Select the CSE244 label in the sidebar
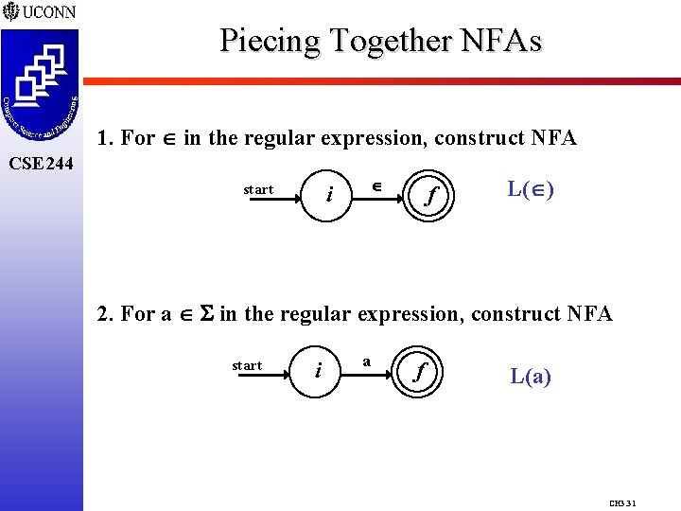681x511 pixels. tap(40, 164)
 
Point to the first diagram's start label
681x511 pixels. tap(258, 190)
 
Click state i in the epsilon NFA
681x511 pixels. tap(328, 195)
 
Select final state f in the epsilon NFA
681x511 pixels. tap(431, 196)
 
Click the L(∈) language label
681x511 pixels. tap(531, 189)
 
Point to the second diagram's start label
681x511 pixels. tap(247, 365)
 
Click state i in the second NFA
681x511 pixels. tap(317, 370)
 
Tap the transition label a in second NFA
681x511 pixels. tap(366, 361)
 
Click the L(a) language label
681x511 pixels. tap(531, 377)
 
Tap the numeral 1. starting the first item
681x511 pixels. tap(105, 138)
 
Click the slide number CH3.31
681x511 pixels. tap(622, 502)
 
